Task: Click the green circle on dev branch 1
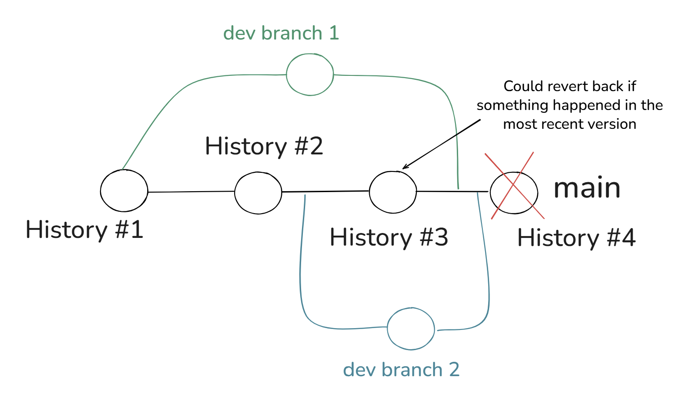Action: [x=310, y=75]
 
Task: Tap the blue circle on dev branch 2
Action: [x=411, y=329]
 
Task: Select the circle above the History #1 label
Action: [x=124, y=191]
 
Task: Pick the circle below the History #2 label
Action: [x=258, y=193]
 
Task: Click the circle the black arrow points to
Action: [x=393, y=192]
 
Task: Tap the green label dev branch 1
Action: [x=281, y=33]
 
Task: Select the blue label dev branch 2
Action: [x=401, y=370]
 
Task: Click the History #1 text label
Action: [x=84, y=229]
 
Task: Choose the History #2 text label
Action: [x=264, y=146]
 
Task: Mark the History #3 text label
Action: [x=389, y=237]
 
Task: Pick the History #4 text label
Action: [x=576, y=237]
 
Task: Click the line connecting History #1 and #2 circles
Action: [x=191, y=192]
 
